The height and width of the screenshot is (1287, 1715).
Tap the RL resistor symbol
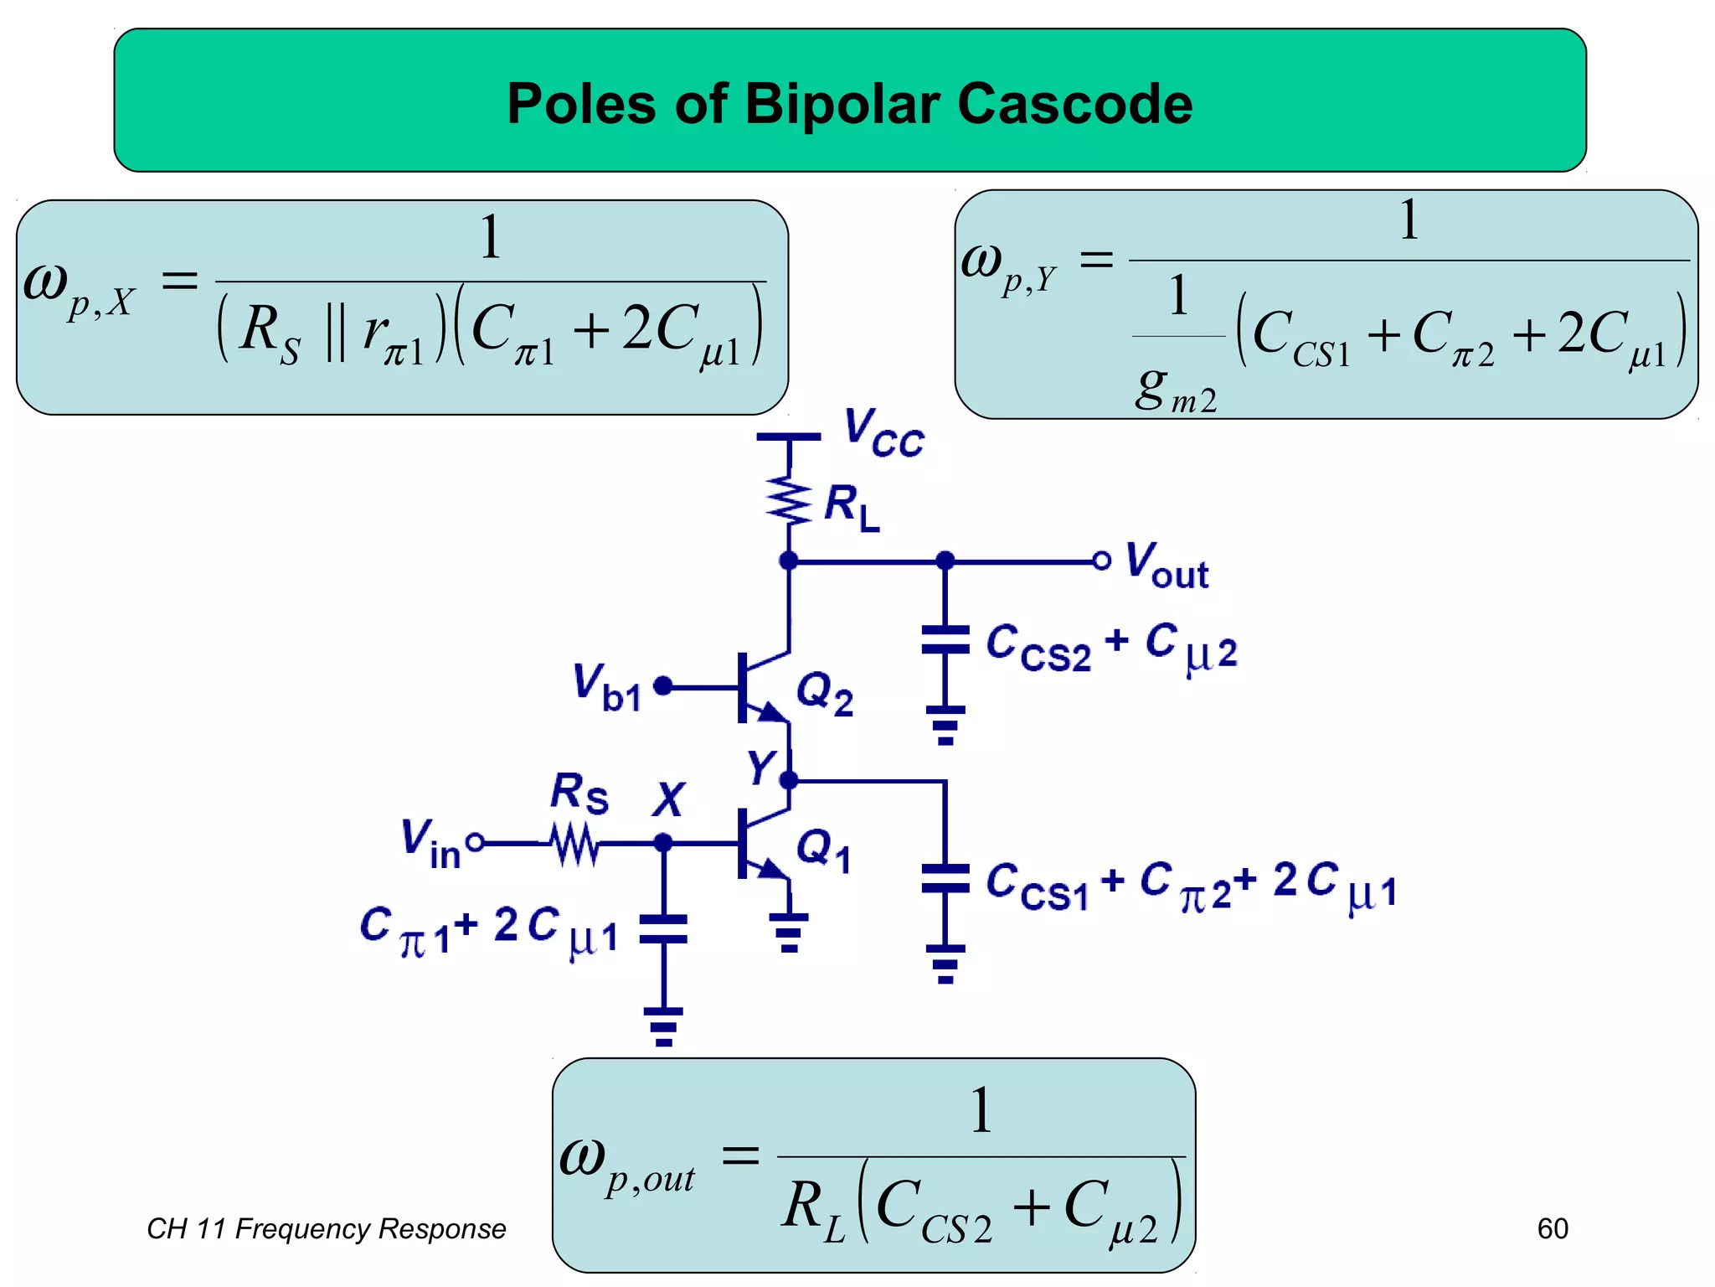tap(789, 501)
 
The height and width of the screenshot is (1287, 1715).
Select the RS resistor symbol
tap(575, 843)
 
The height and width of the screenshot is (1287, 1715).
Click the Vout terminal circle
tap(1101, 561)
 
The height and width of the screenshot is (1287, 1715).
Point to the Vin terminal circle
tap(475, 842)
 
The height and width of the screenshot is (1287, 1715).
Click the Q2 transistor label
tap(824, 695)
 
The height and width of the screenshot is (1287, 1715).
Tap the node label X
tap(668, 799)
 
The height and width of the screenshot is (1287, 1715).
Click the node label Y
tap(761, 767)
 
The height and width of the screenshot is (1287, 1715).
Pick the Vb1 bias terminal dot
tap(662, 686)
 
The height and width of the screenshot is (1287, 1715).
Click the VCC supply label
tap(883, 432)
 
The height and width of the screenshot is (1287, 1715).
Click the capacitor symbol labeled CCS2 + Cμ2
tap(945, 640)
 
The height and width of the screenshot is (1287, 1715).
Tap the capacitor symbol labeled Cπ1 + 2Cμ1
tap(663, 929)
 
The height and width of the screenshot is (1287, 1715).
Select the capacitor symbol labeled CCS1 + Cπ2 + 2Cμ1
tap(945, 878)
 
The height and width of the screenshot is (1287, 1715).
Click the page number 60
tap(1552, 1228)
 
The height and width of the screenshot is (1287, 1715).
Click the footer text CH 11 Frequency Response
tap(326, 1228)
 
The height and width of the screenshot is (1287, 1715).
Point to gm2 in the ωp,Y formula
tap(1175, 390)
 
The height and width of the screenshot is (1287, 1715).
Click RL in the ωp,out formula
tap(813, 1207)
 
